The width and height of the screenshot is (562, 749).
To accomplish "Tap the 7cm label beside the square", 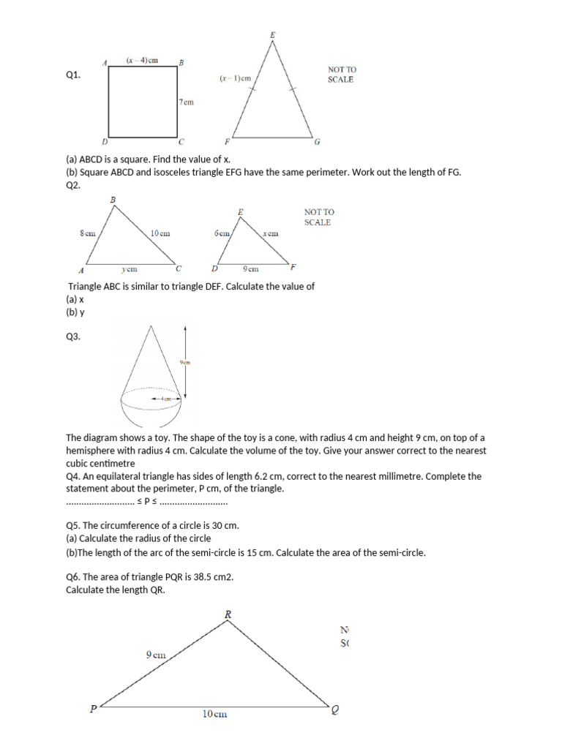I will (187, 102).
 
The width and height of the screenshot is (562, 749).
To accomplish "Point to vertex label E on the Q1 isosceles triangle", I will (272, 34).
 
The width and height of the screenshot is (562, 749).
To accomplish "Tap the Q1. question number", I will (72, 75).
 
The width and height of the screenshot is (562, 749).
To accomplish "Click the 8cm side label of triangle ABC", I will (88, 233).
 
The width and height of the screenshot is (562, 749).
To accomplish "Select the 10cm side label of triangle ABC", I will (160, 233).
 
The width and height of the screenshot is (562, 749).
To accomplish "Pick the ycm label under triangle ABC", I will (130, 269).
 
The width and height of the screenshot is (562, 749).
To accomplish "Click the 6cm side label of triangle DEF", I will (222, 233).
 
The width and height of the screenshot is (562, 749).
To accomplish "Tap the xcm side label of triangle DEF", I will (270, 233).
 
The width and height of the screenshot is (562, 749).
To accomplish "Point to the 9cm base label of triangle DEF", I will (250, 269).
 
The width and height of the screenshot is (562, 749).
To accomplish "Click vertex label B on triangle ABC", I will (113, 199).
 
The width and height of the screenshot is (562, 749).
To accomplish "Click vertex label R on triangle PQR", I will (228, 615).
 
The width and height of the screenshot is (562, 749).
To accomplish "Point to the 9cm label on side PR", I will (154, 655).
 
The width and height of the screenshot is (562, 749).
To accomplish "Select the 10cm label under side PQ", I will (214, 715).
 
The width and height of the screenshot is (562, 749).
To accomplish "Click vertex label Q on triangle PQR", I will (335, 709).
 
